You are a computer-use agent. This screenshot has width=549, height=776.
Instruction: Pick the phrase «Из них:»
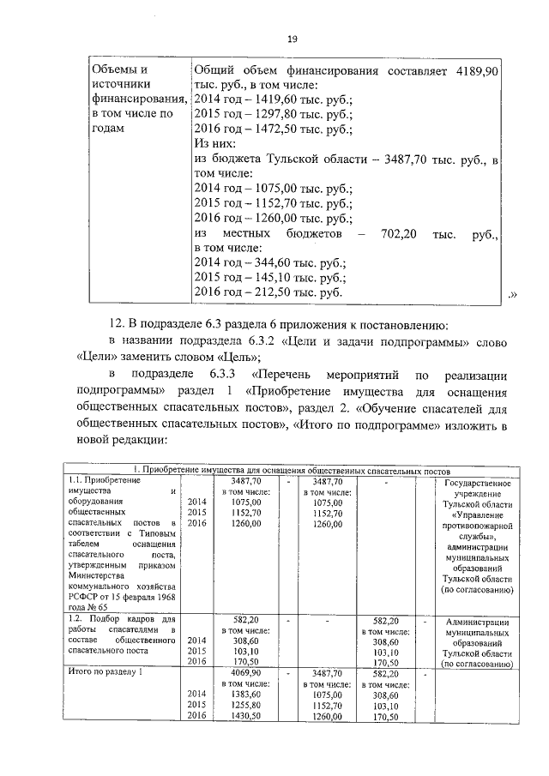(220, 143)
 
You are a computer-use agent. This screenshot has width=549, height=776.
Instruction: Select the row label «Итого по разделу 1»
(104, 674)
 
